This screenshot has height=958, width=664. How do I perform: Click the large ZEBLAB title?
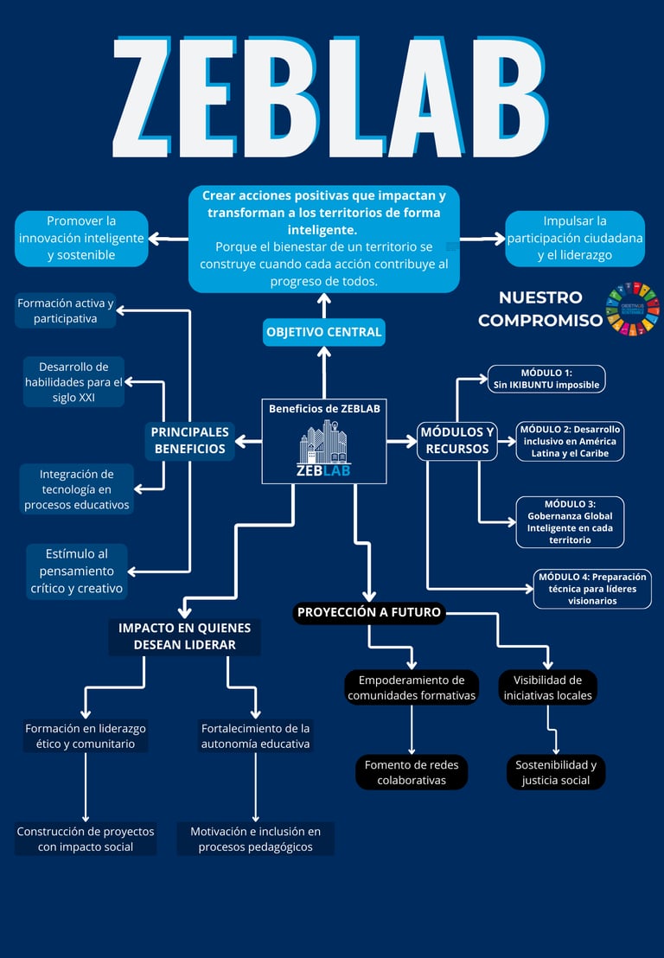[330, 98]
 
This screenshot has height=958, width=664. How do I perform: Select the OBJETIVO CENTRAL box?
[323, 332]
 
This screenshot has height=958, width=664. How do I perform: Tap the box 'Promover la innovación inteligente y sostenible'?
[81, 239]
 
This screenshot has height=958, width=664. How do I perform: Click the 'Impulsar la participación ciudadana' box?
[575, 239]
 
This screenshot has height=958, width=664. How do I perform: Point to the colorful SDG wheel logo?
[632, 309]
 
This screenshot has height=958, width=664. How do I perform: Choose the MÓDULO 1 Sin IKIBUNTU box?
[546, 379]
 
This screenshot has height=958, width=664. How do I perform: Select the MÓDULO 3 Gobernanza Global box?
[570, 521]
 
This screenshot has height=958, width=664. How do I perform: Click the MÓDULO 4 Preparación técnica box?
[592, 589]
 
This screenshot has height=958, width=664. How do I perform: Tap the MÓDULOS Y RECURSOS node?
[456, 440]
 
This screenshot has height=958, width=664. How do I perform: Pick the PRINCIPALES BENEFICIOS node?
[189, 440]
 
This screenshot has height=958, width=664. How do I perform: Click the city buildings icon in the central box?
[323, 442]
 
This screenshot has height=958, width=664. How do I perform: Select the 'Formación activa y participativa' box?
[66, 310]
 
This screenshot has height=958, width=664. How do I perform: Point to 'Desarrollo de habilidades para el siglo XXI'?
[73, 382]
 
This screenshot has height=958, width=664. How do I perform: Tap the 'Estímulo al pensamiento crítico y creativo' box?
[76, 572]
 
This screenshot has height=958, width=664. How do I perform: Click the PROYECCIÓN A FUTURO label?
[369, 612]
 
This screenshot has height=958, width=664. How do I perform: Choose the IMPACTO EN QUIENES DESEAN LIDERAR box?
[184, 636]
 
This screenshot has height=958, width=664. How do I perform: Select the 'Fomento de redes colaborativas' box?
[411, 772]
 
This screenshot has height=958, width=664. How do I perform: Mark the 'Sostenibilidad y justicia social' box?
[556, 772]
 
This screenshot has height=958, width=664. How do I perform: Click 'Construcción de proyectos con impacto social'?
[86, 839]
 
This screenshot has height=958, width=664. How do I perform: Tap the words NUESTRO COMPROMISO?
[540, 309]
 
